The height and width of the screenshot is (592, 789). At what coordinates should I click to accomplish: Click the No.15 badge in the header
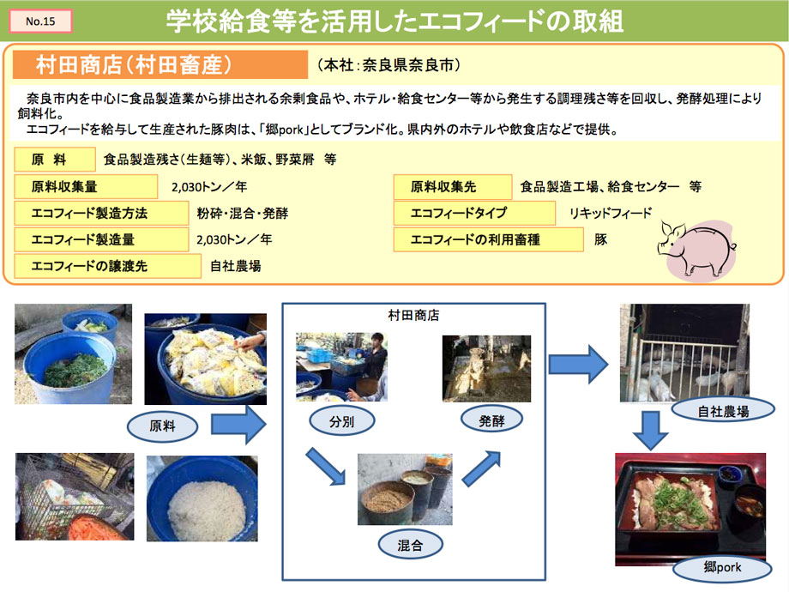[x=41, y=21]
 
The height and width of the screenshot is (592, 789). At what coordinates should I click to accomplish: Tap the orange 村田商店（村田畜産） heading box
[x=160, y=65]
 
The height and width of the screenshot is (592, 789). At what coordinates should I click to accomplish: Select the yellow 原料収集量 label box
[x=86, y=187]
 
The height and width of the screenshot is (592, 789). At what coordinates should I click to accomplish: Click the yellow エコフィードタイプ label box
[x=474, y=213]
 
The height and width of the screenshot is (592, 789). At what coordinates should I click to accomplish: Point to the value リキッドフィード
[x=611, y=213]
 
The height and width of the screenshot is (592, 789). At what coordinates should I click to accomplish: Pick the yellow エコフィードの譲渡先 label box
[x=108, y=266]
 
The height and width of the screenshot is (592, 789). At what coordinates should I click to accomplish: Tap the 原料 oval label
[x=162, y=426]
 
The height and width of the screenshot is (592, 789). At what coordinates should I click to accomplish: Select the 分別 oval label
[x=341, y=421]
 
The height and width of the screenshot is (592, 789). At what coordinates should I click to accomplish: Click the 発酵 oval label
[x=491, y=420]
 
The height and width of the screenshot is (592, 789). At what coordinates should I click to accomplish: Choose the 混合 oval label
[x=410, y=545]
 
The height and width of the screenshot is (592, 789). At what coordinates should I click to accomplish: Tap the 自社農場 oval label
[x=723, y=411]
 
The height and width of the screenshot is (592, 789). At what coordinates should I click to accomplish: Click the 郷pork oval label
[x=722, y=567]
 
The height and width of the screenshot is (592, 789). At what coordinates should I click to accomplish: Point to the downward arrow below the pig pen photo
[x=651, y=431]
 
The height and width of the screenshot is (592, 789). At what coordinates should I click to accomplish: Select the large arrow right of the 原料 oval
[x=238, y=425]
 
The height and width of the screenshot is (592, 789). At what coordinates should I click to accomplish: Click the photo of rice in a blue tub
[x=202, y=498]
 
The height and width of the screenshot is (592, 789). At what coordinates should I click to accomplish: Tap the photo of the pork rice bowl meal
[x=690, y=510]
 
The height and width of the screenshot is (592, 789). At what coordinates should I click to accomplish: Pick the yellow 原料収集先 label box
[x=453, y=187]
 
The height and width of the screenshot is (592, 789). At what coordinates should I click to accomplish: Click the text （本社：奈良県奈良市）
[x=388, y=65]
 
